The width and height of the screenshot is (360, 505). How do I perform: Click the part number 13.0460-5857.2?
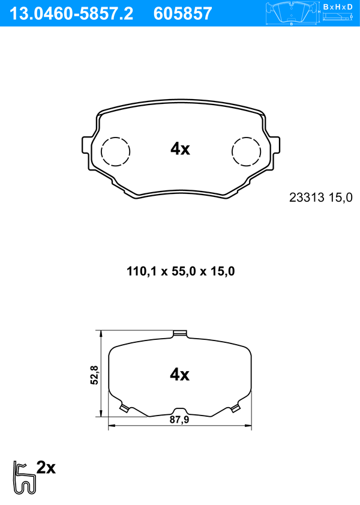[x=71, y=14]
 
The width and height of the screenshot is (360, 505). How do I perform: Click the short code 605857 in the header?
[x=183, y=14]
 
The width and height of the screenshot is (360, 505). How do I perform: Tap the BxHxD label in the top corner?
[x=337, y=7]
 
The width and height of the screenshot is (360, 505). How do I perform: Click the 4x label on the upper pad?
[x=180, y=149]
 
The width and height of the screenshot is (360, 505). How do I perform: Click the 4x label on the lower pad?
[x=180, y=375]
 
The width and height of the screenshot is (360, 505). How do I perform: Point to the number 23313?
[x=307, y=198]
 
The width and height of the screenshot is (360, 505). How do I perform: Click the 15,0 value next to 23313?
[x=340, y=198]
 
